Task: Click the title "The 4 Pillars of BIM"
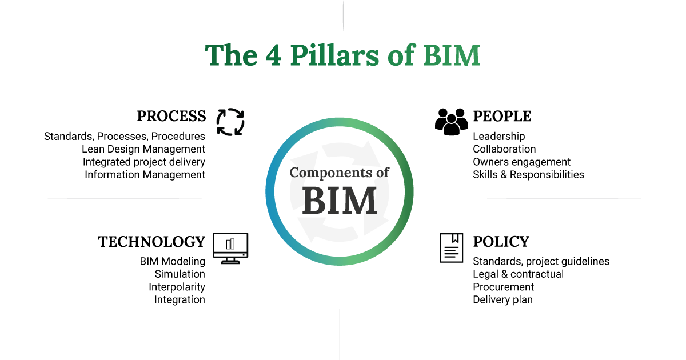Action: (342, 55)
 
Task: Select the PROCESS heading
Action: (171, 116)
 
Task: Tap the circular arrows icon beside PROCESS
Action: (230, 122)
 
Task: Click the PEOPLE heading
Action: (502, 116)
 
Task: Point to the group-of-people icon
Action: (451, 121)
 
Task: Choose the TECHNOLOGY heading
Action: (151, 242)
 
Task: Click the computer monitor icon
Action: (230, 248)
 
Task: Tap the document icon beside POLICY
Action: (451, 247)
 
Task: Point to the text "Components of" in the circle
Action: (340, 173)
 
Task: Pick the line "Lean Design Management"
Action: (143, 149)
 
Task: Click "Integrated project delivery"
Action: (143, 162)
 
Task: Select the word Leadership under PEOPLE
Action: (498, 137)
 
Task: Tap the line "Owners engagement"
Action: (521, 162)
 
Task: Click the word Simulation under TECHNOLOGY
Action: (180, 274)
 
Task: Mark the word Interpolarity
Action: (177, 287)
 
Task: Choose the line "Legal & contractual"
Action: (518, 274)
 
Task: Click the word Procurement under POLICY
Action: (503, 287)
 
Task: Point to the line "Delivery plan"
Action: (502, 299)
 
